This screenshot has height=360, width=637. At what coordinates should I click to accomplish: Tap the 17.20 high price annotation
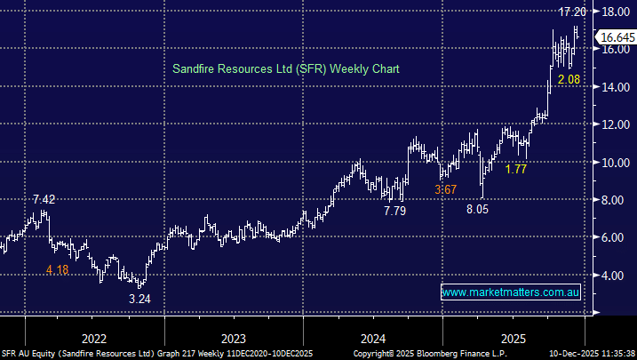(x=572, y=12)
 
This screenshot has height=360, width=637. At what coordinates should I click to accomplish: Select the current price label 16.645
(x=615, y=37)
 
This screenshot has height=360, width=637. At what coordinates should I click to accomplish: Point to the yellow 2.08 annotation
(x=569, y=81)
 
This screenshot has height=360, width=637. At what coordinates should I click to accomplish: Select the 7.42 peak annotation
(x=44, y=199)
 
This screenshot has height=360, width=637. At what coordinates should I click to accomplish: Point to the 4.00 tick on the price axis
(x=611, y=276)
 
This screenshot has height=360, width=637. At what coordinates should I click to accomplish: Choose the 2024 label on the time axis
(x=373, y=338)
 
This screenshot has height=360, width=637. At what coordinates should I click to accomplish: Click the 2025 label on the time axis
(x=513, y=338)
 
